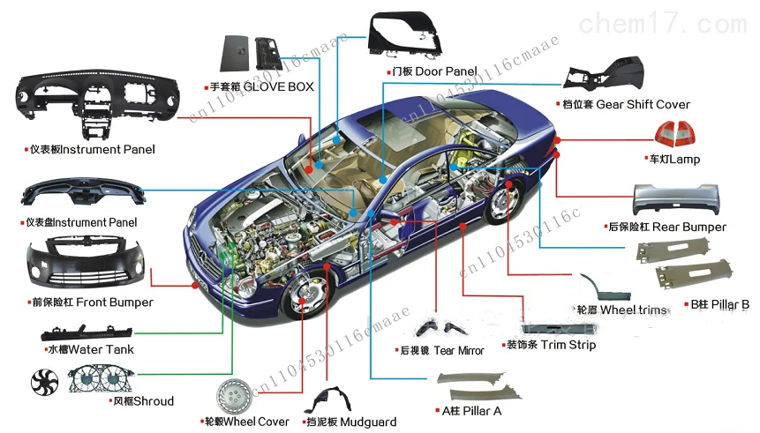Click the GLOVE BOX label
(261, 87)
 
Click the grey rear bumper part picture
(679, 199)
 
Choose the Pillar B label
(719, 305)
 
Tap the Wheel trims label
(621, 310)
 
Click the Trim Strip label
(550, 345)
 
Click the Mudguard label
(350, 422)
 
